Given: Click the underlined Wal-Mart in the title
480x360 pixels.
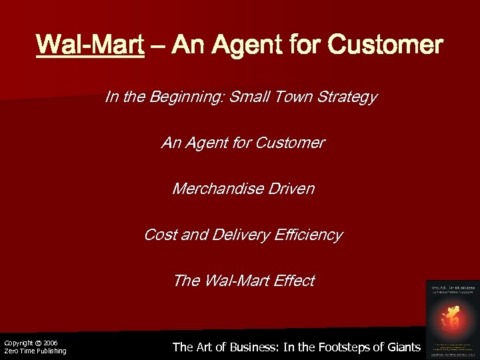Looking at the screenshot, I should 91,45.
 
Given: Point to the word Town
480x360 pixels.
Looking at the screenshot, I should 288,97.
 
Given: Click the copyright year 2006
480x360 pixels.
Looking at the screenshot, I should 50,343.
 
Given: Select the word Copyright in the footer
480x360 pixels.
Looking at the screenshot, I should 18,343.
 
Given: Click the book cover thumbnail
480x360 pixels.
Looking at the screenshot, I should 450,317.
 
